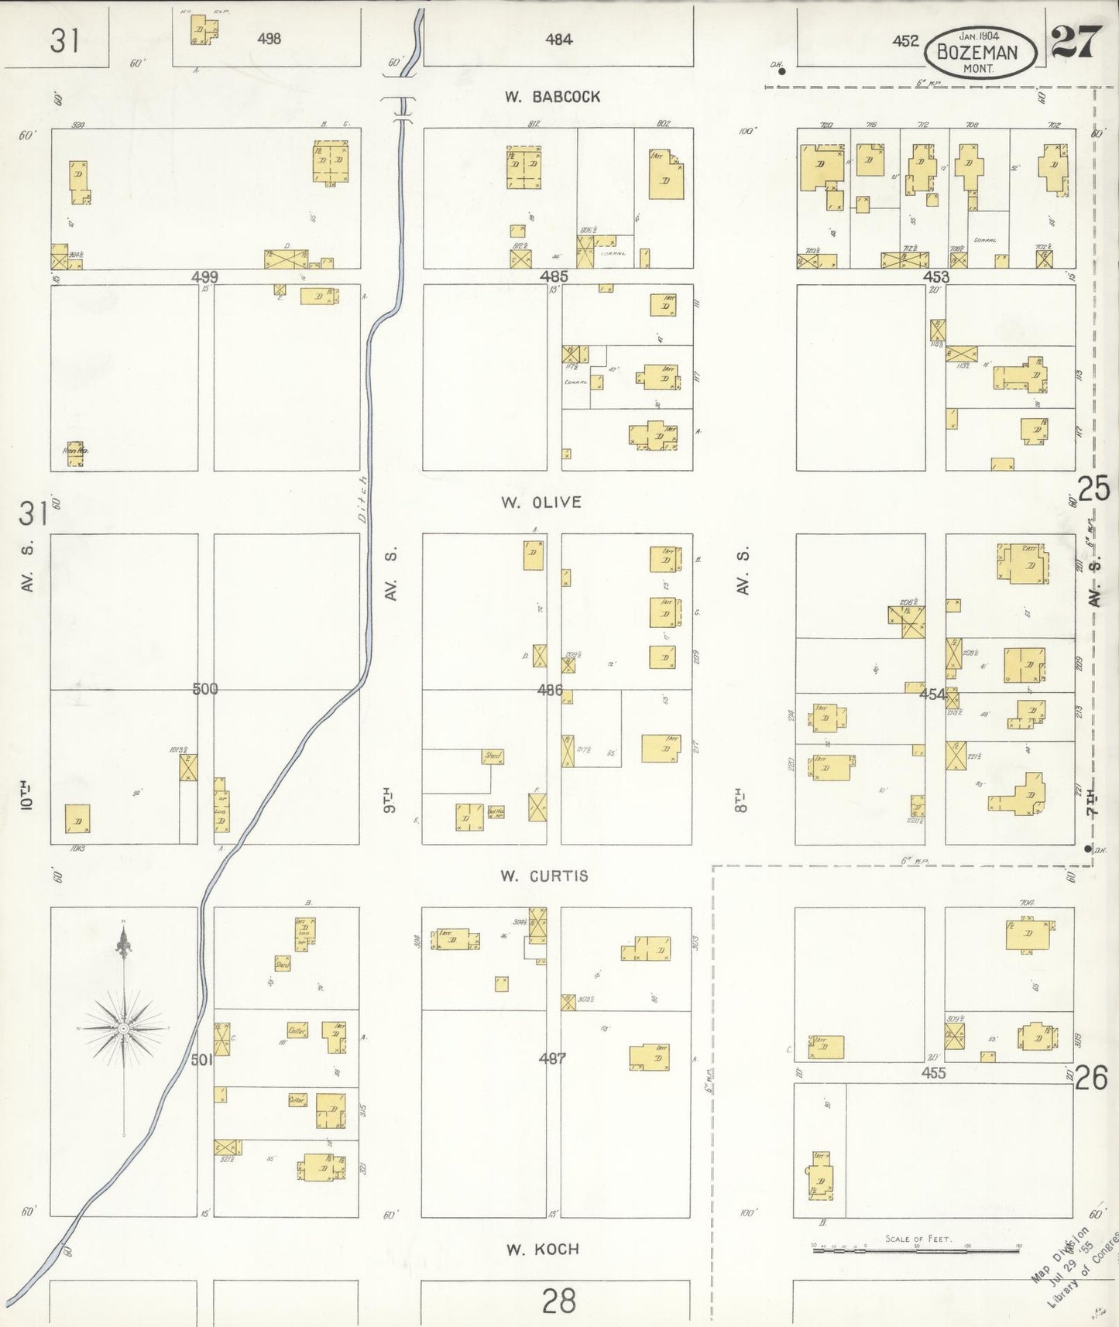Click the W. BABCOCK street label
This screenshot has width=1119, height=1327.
(552, 97)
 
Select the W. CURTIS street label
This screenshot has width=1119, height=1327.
(544, 876)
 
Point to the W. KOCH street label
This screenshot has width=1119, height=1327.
(542, 1249)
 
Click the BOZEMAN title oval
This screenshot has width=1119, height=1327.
(979, 53)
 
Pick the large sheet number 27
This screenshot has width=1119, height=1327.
(1076, 42)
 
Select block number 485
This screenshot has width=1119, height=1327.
(554, 276)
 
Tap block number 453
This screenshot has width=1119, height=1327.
(935, 276)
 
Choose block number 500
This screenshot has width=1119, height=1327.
(205, 688)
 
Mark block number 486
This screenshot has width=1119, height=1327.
(550, 689)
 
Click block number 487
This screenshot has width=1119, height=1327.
(552, 1058)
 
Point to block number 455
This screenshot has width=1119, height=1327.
(933, 1073)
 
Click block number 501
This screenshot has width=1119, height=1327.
(201, 1059)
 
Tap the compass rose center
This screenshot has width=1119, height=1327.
(123, 1027)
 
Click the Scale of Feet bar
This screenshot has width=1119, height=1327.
(916, 1247)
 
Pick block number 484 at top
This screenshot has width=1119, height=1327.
(558, 39)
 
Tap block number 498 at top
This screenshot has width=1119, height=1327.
(269, 38)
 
